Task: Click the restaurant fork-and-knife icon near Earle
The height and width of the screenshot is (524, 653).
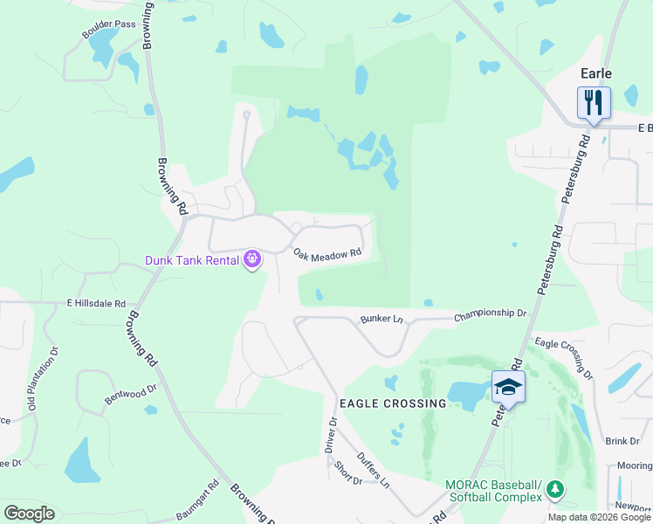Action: [594, 102]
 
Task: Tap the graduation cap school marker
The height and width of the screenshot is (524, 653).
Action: [508, 386]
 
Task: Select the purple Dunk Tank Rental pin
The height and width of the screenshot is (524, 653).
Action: [253, 259]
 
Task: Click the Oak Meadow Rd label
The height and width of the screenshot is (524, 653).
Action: [327, 255]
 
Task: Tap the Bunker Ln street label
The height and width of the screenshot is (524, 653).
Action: [382, 320]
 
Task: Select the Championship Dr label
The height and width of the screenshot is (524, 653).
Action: [491, 313]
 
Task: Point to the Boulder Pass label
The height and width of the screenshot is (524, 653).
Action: [109, 24]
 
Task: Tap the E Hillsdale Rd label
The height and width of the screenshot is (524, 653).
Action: [97, 302]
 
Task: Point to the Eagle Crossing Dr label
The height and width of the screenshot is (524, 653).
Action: [564, 358]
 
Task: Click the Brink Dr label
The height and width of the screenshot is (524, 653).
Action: [622, 442]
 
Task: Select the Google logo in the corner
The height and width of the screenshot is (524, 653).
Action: [29, 514]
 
